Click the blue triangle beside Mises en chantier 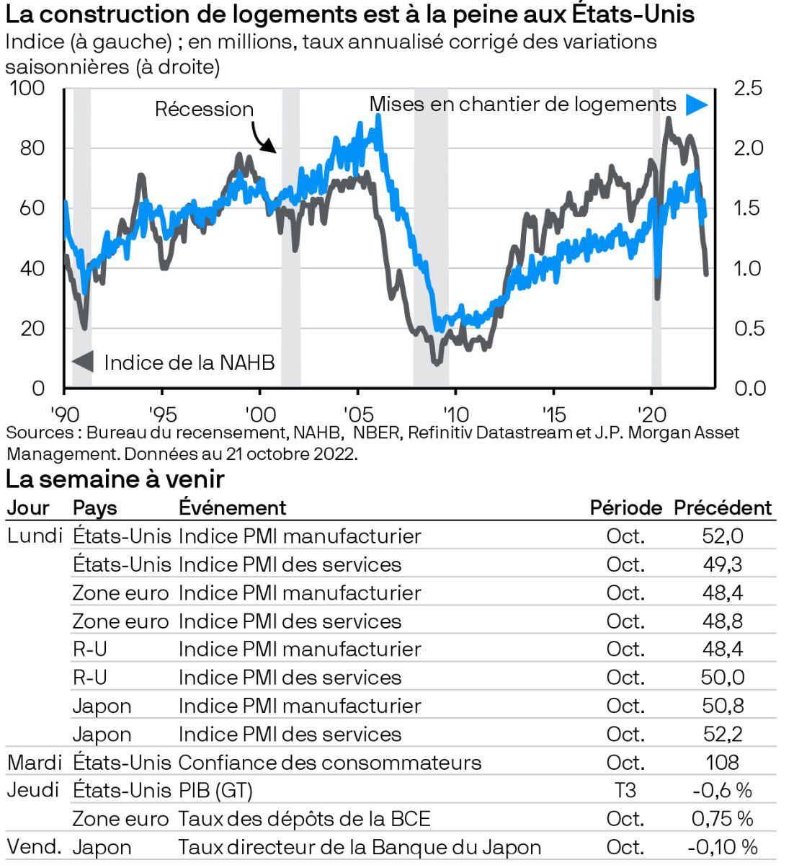click(695, 105)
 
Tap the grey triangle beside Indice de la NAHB click(84, 361)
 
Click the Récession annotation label click(204, 110)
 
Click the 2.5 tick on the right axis click(747, 89)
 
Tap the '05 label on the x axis click(358, 414)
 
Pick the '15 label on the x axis click(553, 414)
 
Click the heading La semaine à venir click(115, 479)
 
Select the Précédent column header click(722, 508)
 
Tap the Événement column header click(232, 508)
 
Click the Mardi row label click(35, 762)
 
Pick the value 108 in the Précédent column click(722, 763)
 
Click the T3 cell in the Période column click(625, 791)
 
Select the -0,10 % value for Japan click(722, 847)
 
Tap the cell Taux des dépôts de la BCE click(304, 819)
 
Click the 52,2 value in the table click(722, 735)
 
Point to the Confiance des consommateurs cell click(329, 763)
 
